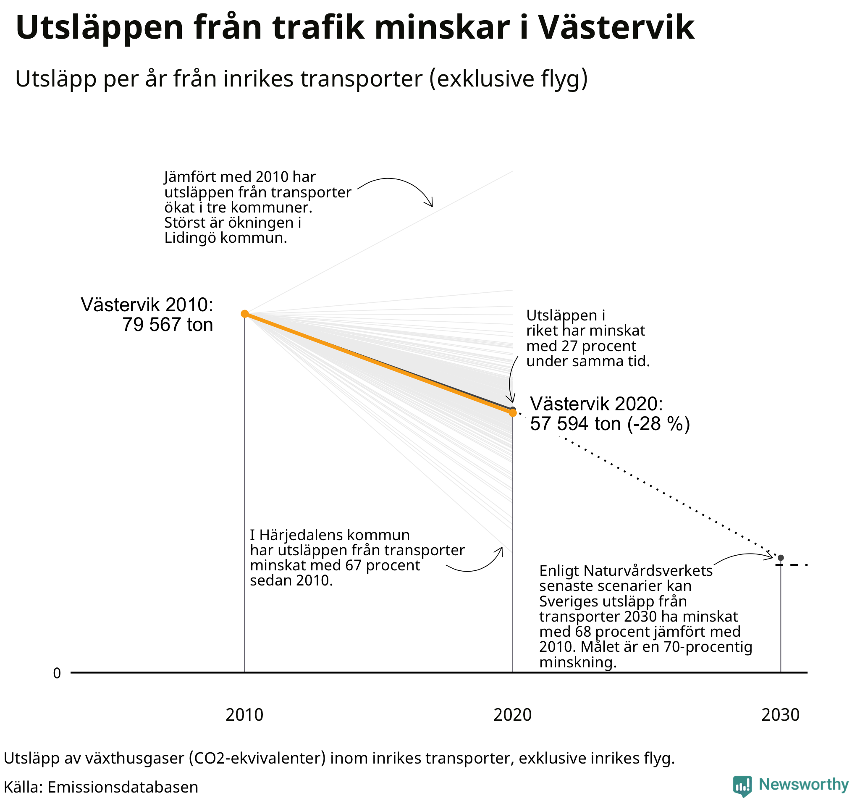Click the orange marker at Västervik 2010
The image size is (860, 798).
point(244,313)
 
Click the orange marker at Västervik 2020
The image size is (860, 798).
point(512,413)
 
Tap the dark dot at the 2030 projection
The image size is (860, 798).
point(781,558)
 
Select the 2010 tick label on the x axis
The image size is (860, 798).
point(244,715)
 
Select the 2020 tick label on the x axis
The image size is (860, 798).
point(512,715)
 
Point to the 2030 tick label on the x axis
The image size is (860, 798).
point(780,715)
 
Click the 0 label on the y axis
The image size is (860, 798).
point(57,673)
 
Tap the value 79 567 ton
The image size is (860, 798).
point(168,324)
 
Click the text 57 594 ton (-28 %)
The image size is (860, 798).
point(610,424)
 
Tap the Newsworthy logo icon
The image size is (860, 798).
point(742,785)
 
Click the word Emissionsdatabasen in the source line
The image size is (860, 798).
point(123,786)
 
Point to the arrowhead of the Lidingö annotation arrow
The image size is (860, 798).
point(431,205)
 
